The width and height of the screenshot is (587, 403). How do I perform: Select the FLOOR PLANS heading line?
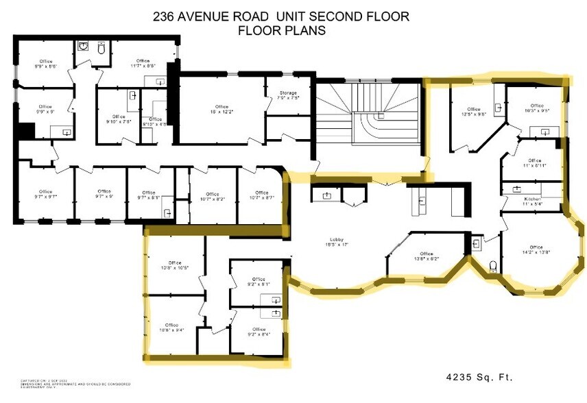pyautogui.click(x=282, y=31)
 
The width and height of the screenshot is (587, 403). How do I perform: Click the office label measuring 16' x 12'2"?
pyautogui.click(x=221, y=108)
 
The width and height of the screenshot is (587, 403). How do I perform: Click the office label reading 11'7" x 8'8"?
pyautogui.click(x=143, y=64)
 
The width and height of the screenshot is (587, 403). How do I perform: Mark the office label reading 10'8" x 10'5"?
pyautogui.click(x=174, y=266)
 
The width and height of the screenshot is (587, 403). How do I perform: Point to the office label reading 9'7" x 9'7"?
pyautogui.click(x=45, y=194)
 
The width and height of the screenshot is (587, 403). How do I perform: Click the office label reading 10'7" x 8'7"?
pyautogui.click(x=261, y=195)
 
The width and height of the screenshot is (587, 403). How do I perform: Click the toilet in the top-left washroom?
pyautogui.click(x=101, y=48)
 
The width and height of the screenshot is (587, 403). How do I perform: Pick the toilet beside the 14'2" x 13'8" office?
pyautogui.click(x=493, y=265)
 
